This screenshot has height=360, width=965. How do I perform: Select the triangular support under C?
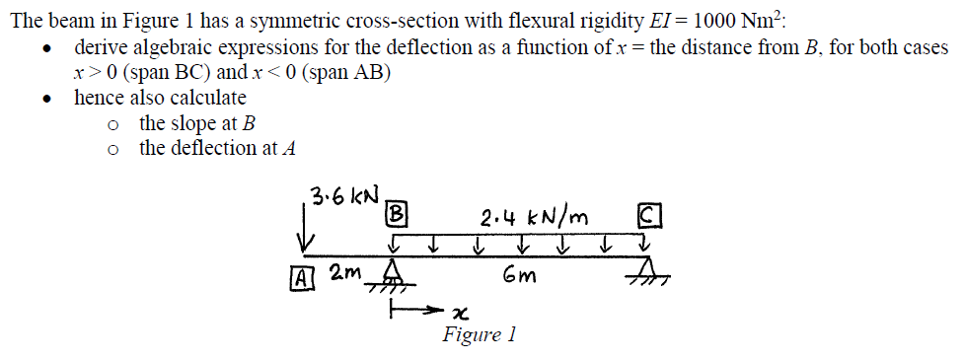tap(648, 269)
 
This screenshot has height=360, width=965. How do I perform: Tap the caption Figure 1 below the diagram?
tap(480, 335)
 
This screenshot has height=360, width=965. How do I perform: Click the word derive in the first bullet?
tap(101, 47)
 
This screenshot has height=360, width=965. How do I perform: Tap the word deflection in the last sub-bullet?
tap(213, 148)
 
